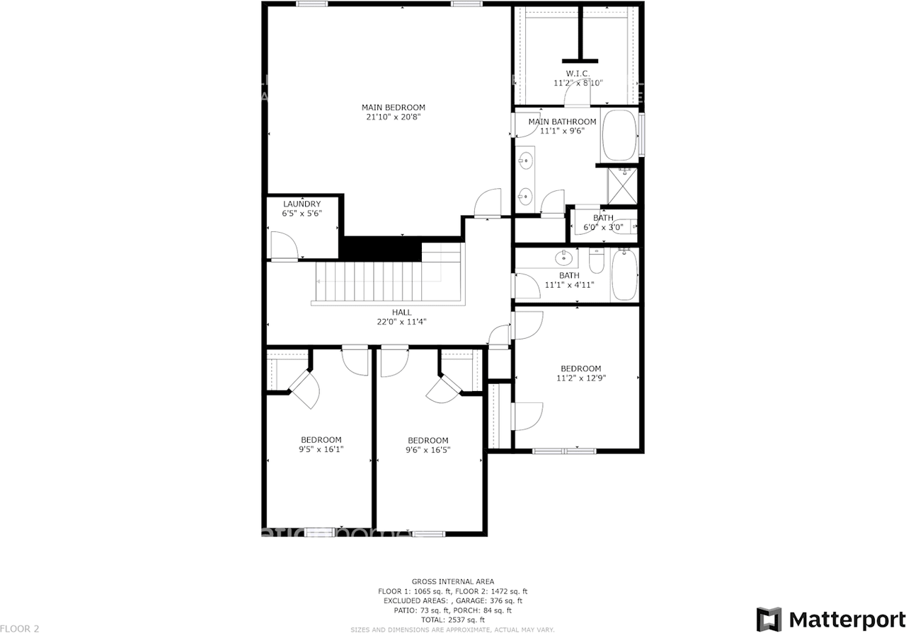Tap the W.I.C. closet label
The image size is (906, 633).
[x=578, y=74]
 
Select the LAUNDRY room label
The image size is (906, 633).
[x=302, y=204]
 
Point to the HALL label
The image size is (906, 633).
[x=401, y=312]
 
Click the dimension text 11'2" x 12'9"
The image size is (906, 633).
[x=580, y=378]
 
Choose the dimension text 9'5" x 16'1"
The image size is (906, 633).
[x=321, y=449]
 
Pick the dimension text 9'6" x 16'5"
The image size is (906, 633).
[x=428, y=449]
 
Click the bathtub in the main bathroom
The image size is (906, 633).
[x=620, y=136]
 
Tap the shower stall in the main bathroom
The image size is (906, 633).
[x=622, y=185]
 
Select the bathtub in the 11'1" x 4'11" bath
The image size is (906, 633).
[x=625, y=274]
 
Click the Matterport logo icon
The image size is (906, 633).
[x=769, y=618]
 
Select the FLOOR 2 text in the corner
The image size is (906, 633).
[x=20, y=627]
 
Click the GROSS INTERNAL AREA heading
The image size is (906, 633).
[x=452, y=581]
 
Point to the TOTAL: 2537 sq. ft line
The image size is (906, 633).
[x=452, y=619]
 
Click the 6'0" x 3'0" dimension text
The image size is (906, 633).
[x=603, y=228]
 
